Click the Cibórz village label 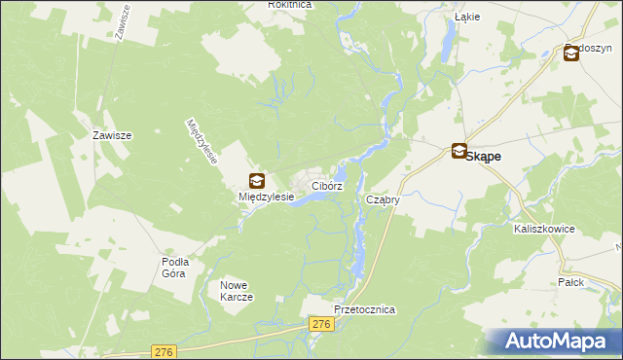coord(327,185)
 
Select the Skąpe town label coord(487,155)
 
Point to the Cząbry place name coord(384,199)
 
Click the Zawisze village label coord(112,136)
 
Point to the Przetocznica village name coord(364,308)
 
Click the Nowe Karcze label coord(237,290)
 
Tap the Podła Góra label coord(175,268)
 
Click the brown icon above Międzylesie coord(256,180)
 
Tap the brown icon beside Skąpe coord(458,152)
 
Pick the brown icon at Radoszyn coord(570,54)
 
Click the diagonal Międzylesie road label coord(202,142)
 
